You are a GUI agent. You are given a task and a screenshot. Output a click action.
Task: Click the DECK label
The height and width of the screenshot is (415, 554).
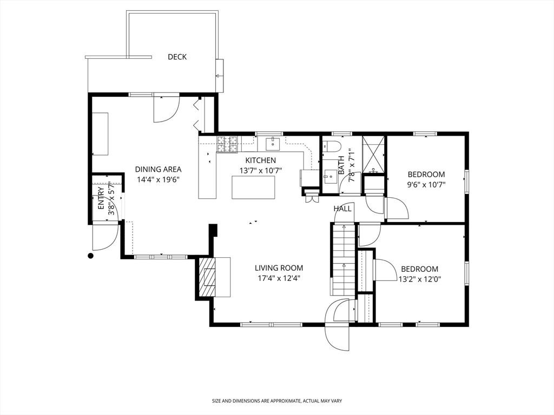tap(177, 57)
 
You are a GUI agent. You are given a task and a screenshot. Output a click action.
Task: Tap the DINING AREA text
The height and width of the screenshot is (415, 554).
tap(158, 169)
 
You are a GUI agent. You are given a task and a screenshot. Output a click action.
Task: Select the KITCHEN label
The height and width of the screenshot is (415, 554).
tap(260, 160)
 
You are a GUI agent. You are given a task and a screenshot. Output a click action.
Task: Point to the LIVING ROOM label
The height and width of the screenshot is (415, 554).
tap(279, 268)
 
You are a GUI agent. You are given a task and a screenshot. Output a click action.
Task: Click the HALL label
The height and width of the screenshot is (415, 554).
tap(342, 209)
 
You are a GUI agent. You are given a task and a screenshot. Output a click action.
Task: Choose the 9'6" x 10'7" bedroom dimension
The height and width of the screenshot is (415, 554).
tap(426, 184)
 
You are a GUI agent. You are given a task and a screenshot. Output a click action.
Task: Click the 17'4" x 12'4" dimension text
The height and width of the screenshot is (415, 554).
tap(279, 278)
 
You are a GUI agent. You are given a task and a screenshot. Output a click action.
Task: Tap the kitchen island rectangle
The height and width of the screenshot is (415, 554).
tap(253, 188)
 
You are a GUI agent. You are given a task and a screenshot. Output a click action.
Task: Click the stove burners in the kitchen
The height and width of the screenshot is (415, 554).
tap(228, 144)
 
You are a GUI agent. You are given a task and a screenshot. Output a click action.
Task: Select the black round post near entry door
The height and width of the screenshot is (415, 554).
tap(91, 256)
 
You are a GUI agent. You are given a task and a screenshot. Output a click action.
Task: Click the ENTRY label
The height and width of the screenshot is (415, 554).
tap(101, 201)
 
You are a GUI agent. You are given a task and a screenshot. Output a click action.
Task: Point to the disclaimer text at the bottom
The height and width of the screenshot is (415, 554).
tap(276, 401)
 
